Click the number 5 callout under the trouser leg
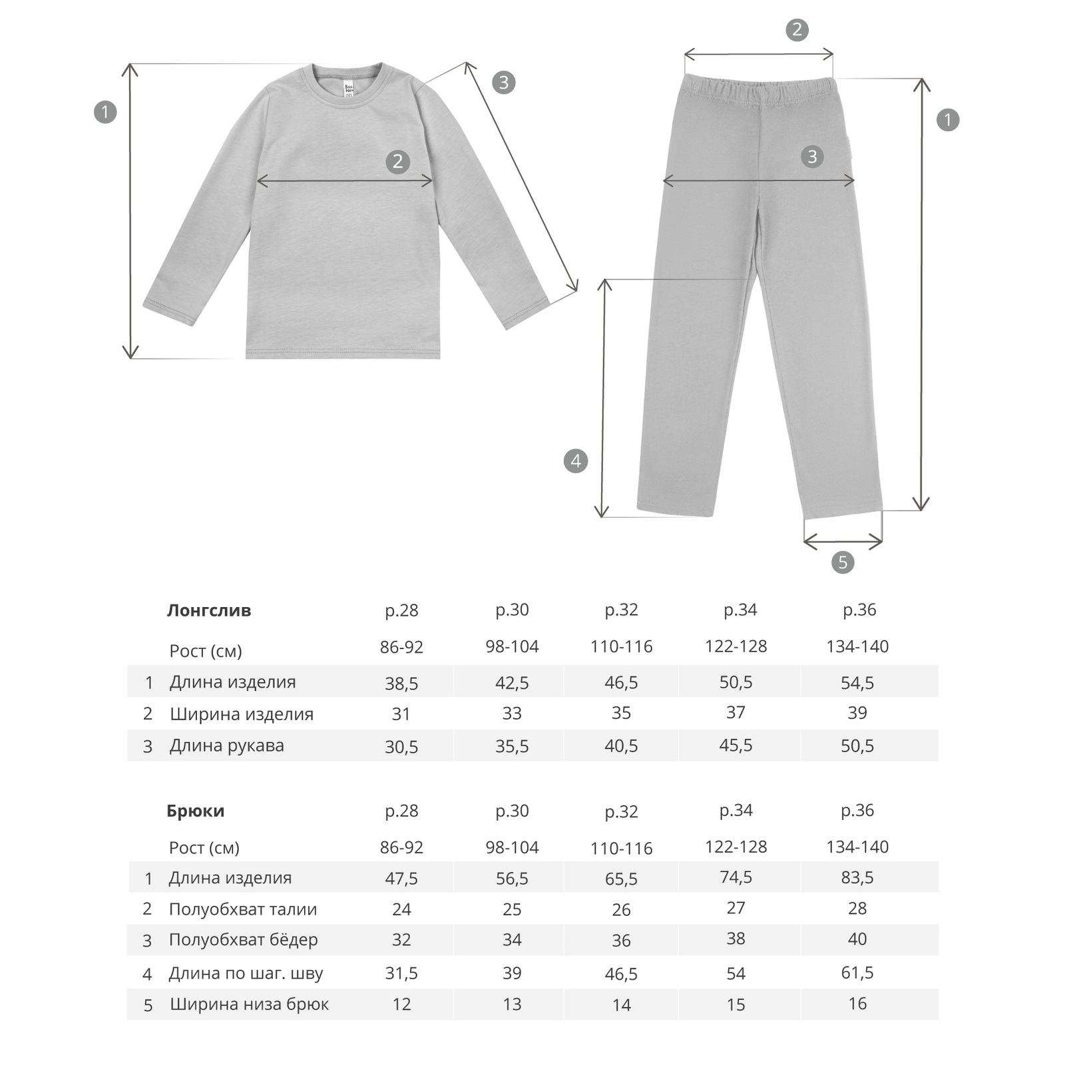(x=843, y=562)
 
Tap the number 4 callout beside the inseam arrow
(x=576, y=461)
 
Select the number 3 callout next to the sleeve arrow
(x=504, y=82)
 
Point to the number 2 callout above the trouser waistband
(x=797, y=30)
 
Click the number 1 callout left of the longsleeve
(x=105, y=112)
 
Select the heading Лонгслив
(x=209, y=610)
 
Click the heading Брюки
(x=196, y=811)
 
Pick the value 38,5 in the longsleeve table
(x=401, y=683)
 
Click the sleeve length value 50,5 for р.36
(x=857, y=745)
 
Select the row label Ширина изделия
(x=242, y=714)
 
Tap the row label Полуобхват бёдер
(x=244, y=940)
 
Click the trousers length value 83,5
(x=857, y=877)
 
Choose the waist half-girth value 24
(x=401, y=909)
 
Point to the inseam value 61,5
(x=857, y=972)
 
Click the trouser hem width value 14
(x=621, y=1005)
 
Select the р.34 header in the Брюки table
(x=736, y=811)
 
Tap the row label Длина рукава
(x=227, y=745)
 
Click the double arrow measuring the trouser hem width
(x=843, y=542)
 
